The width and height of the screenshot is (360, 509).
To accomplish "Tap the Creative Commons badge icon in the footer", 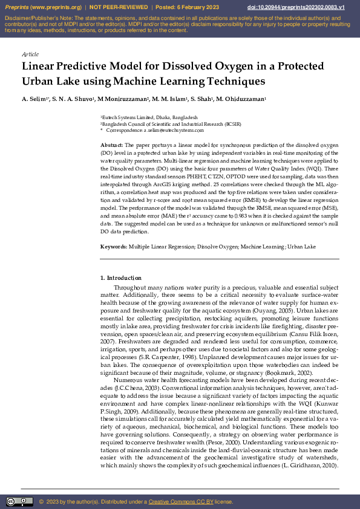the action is (19, 501).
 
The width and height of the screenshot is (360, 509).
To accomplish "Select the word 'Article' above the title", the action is (30, 54).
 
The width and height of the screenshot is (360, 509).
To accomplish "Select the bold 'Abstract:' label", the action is (111, 146).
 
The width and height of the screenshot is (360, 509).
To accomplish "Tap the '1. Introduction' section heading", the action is (120, 277).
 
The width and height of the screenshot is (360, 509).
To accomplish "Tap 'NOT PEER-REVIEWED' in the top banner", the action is (119, 7).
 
